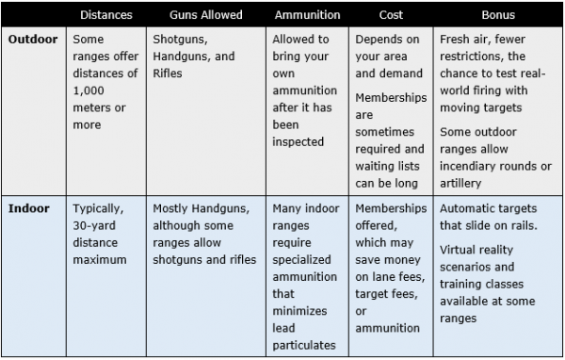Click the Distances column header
point(106,16)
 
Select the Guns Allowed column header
point(206,16)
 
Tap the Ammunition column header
point(308,16)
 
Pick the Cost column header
point(391,16)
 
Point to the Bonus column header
point(498,16)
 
